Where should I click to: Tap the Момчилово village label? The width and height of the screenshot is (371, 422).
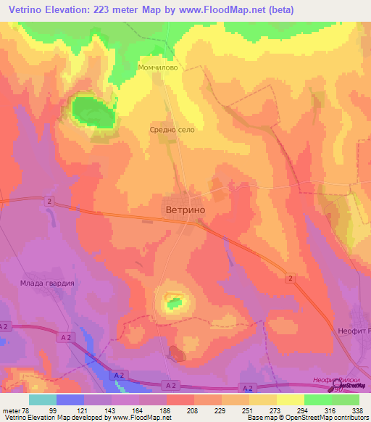(x=157, y=67)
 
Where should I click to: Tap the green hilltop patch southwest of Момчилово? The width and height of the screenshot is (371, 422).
(x=92, y=112)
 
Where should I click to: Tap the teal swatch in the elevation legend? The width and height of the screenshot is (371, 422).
(x=43, y=400)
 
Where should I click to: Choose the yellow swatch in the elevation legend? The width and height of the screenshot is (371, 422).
(x=291, y=400)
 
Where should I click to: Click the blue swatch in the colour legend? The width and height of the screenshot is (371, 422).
(x=70, y=400)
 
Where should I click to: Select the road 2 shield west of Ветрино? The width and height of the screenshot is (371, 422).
(x=49, y=200)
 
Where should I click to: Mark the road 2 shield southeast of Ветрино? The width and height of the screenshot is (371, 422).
(x=290, y=278)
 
